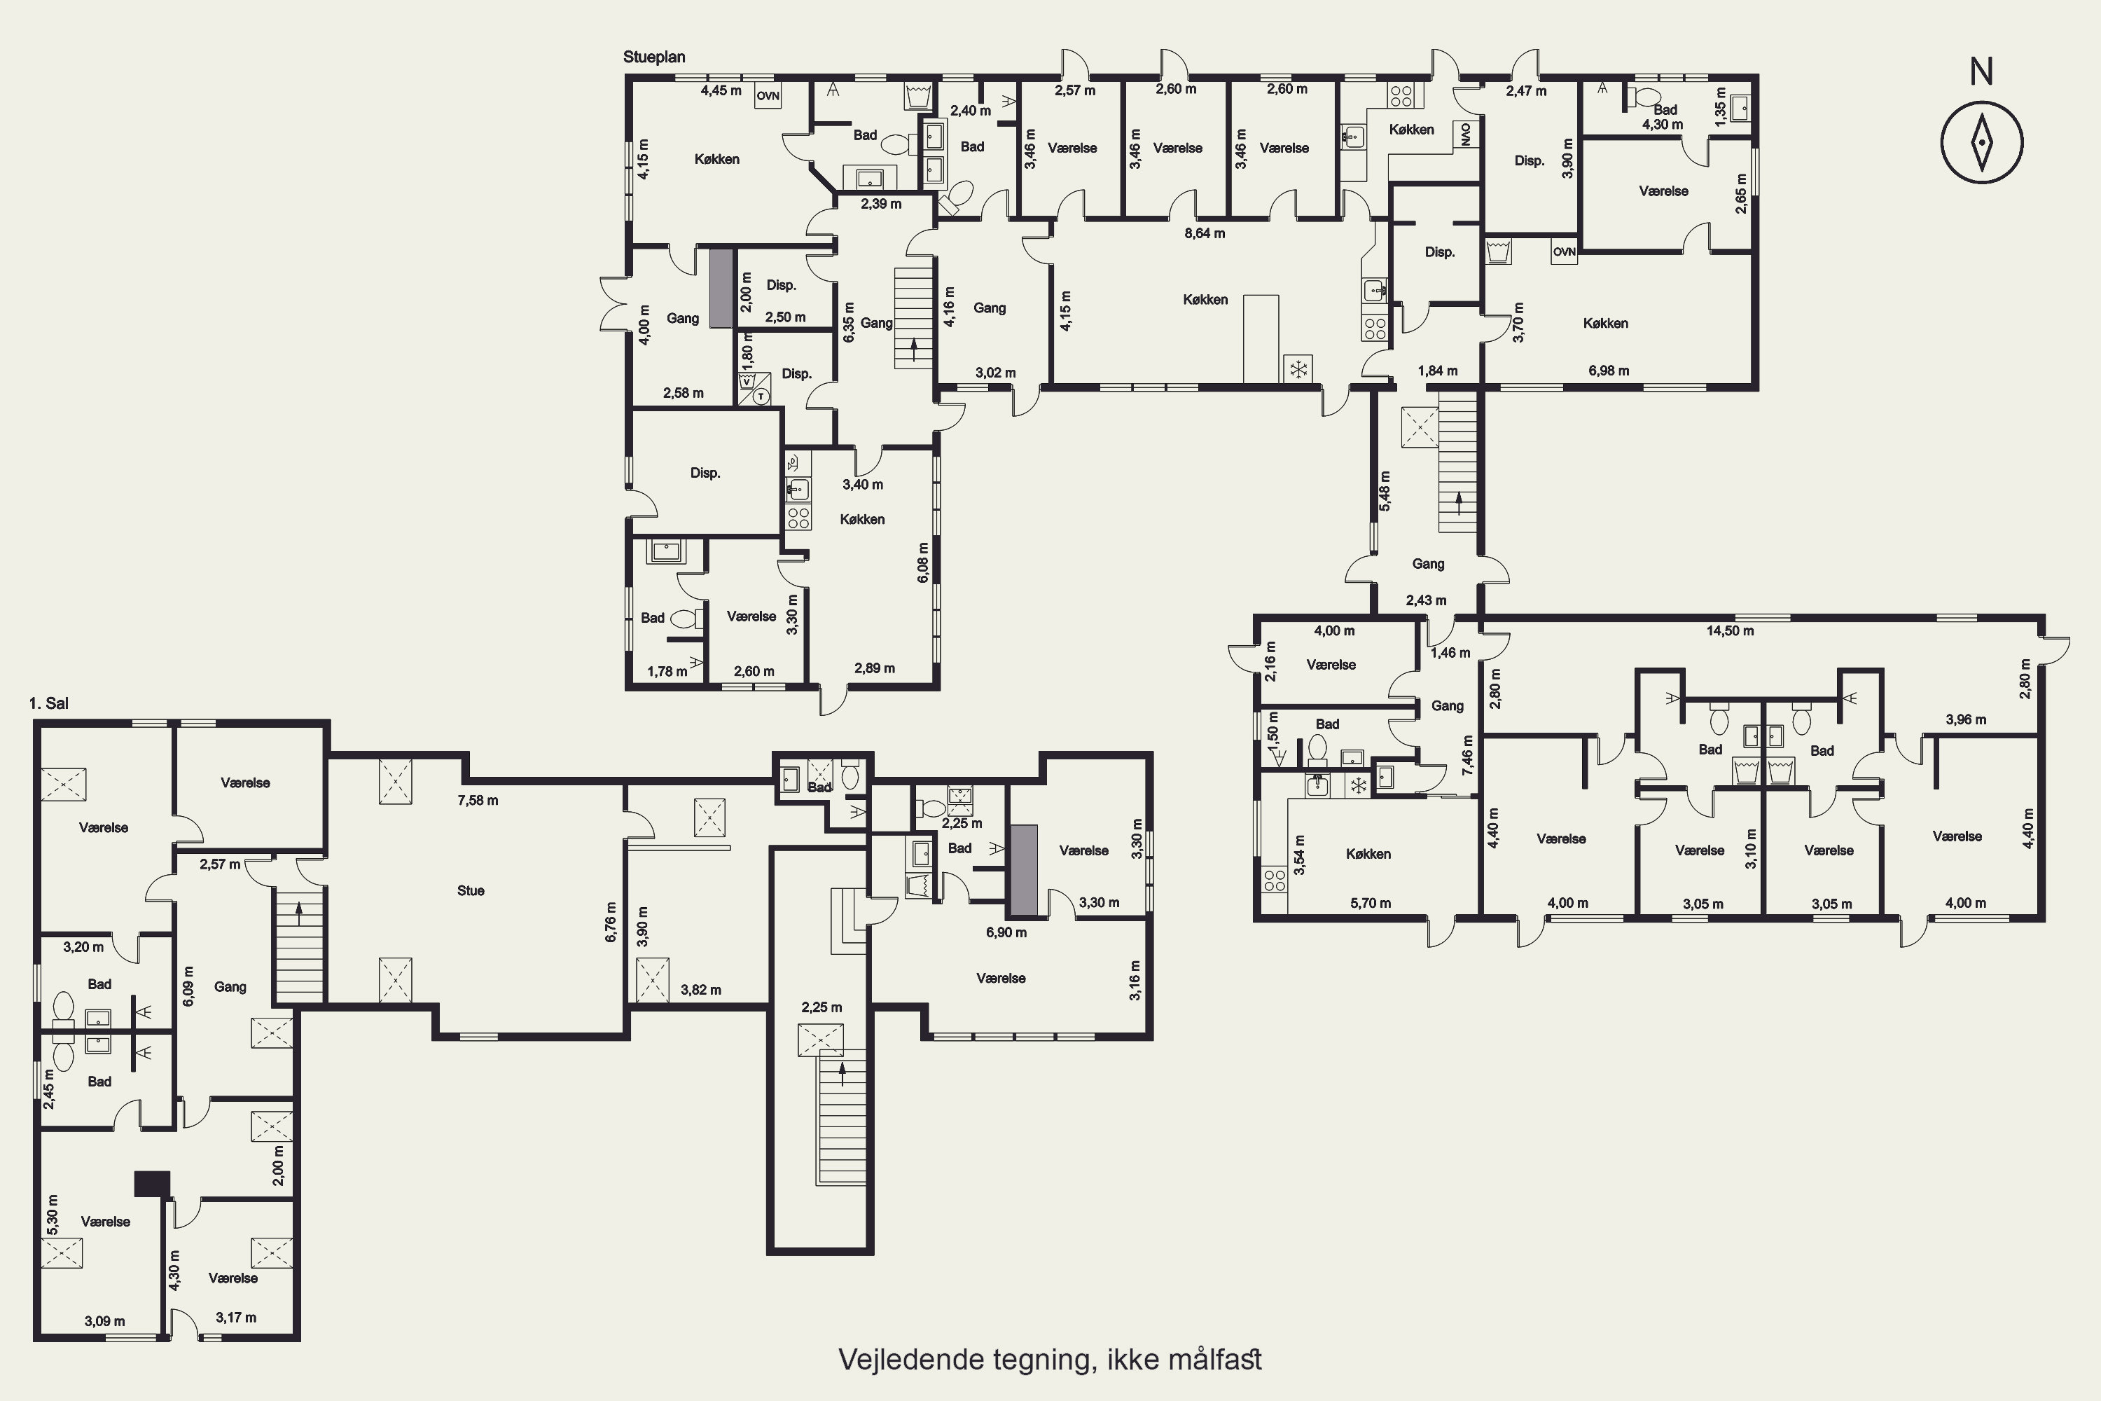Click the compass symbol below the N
1981,142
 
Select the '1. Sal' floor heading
48,703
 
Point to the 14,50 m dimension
1731,631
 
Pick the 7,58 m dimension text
478,801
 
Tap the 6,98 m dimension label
1608,371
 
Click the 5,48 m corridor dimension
1385,492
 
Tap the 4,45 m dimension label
721,90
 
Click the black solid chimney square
152,1184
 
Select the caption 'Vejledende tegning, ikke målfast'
1050,1360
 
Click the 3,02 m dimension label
995,373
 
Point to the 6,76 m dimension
611,922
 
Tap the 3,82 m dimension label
700,990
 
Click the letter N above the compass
1981,71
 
